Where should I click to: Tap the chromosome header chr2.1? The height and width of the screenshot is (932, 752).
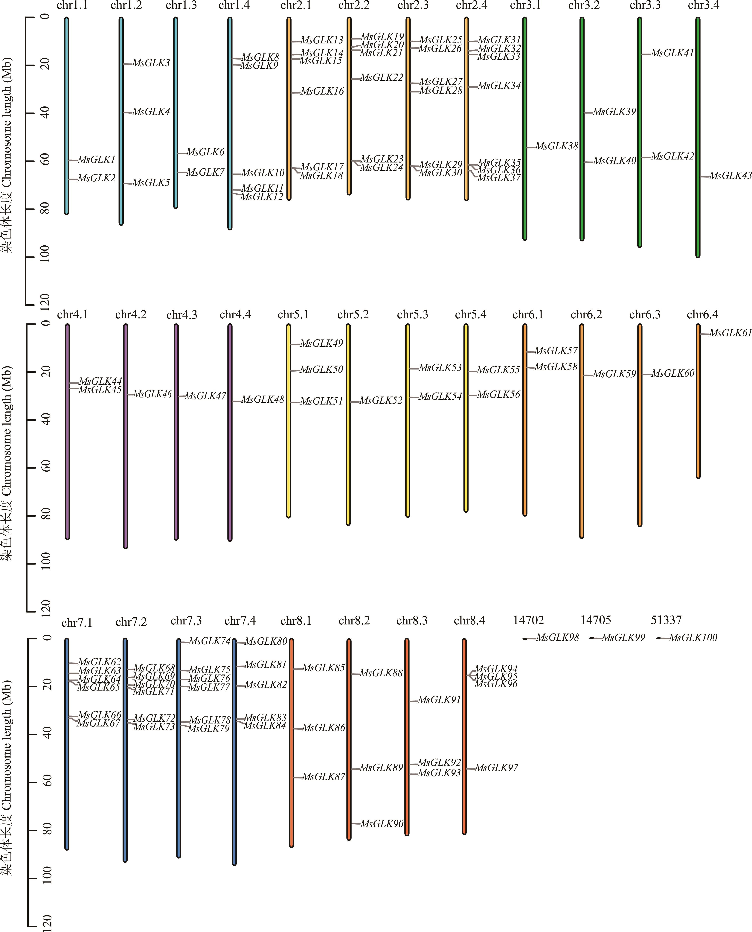click(296, 6)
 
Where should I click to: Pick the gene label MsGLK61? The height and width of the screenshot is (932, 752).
click(730, 333)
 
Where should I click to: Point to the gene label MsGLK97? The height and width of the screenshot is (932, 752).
click(496, 768)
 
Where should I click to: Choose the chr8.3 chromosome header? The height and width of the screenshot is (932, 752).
click(412, 621)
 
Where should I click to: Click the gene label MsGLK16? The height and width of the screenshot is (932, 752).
click(322, 91)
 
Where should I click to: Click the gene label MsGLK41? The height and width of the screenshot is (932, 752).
click(672, 53)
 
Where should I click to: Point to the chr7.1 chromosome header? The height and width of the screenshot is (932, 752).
click(77, 623)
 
